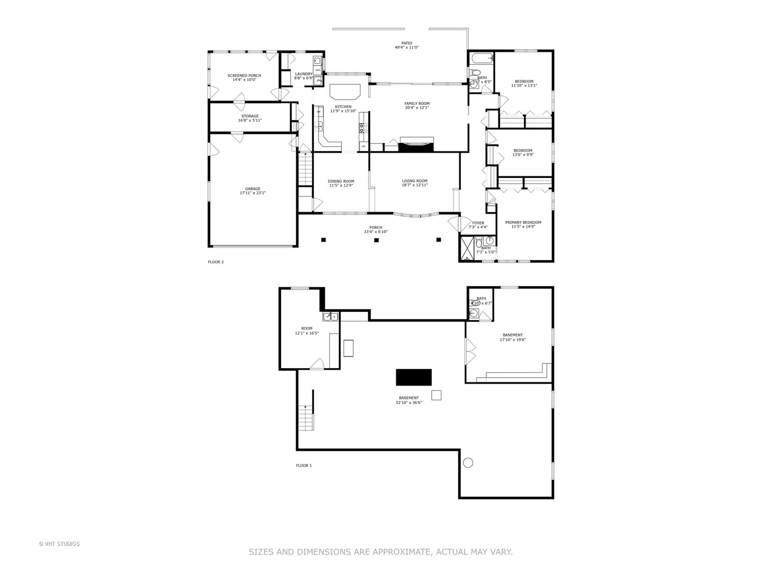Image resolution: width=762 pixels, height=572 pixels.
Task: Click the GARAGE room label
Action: tap(252, 189)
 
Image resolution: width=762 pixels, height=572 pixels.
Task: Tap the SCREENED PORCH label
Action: tap(244, 76)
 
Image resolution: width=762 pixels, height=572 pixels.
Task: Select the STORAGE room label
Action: tap(250, 117)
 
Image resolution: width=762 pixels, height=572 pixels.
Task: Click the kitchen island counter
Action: tap(345, 91)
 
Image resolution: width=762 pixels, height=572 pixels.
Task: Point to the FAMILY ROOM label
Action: tap(416, 104)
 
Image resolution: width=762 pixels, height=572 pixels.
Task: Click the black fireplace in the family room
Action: tap(416, 144)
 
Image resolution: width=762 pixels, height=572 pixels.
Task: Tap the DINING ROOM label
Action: tap(341, 181)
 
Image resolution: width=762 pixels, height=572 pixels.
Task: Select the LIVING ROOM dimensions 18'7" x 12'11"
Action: tap(414, 185)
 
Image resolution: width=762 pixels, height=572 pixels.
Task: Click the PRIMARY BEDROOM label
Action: tap(523, 222)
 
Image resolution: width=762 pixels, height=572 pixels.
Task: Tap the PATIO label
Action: tap(406, 43)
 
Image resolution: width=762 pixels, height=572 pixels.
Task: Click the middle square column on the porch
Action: tap(376, 240)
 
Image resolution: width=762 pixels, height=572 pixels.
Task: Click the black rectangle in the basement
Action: tap(414, 377)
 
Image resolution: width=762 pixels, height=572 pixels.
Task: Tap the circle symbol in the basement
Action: tap(468, 462)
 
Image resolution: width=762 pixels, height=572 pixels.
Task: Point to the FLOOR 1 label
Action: tap(304, 466)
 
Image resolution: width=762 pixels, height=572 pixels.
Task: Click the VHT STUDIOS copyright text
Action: tap(59, 544)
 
